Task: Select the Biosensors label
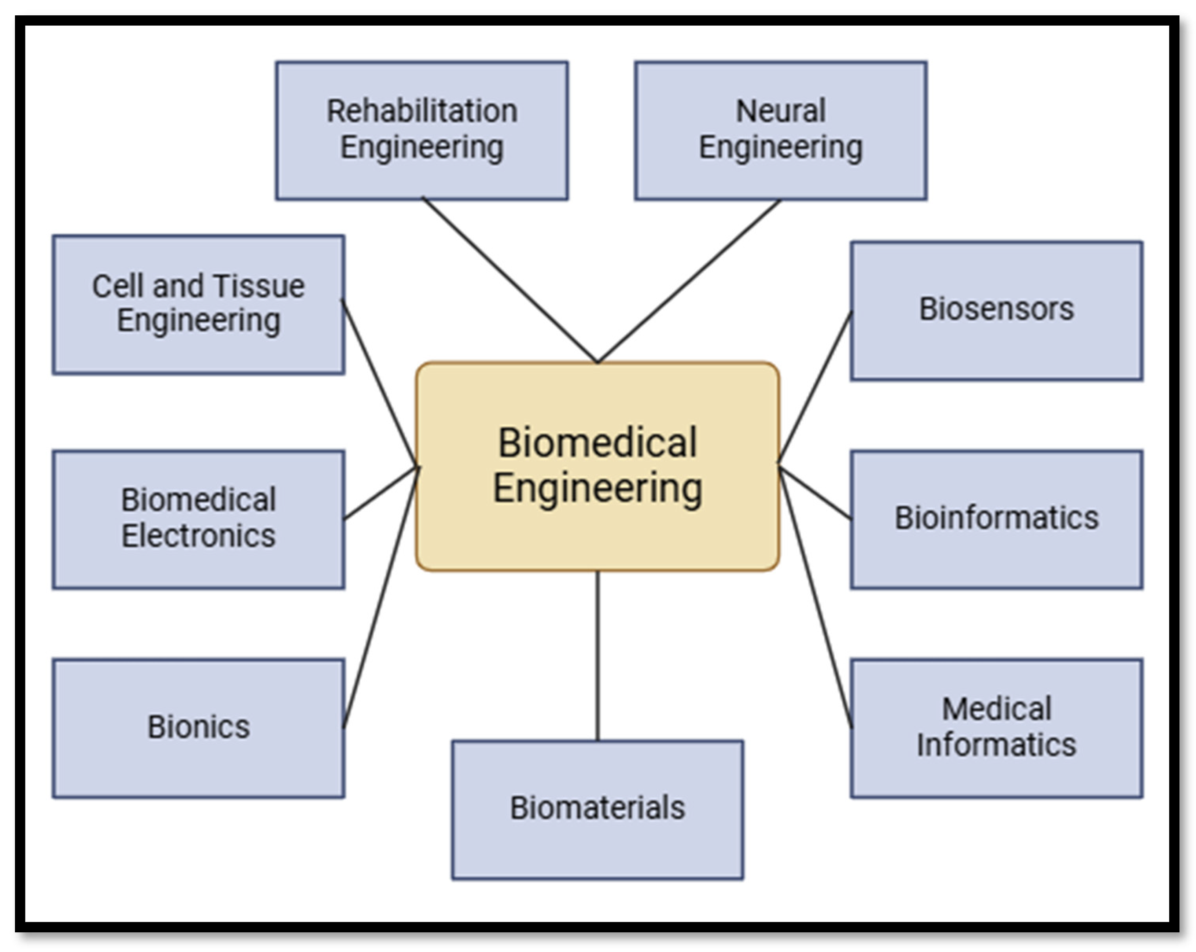pyautogui.click(x=996, y=309)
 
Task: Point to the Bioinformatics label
pyautogui.click(x=996, y=518)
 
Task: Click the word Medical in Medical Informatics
pyautogui.click(x=996, y=709)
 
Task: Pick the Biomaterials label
pyautogui.click(x=598, y=808)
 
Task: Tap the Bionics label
pyautogui.click(x=199, y=727)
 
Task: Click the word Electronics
pyautogui.click(x=199, y=536)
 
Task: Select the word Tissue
pyautogui.click(x=259, y=286)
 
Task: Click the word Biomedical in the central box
pyautogui.click(x=598, y=443)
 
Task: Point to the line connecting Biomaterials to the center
pyautogui.click(x=598, y=655)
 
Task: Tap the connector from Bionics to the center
pyautogui.click(x=380, y=597)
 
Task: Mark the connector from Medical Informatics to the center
pyautogui.click(x=815, y=597)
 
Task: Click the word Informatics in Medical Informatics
pyautogui.click(x=996, y=744)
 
